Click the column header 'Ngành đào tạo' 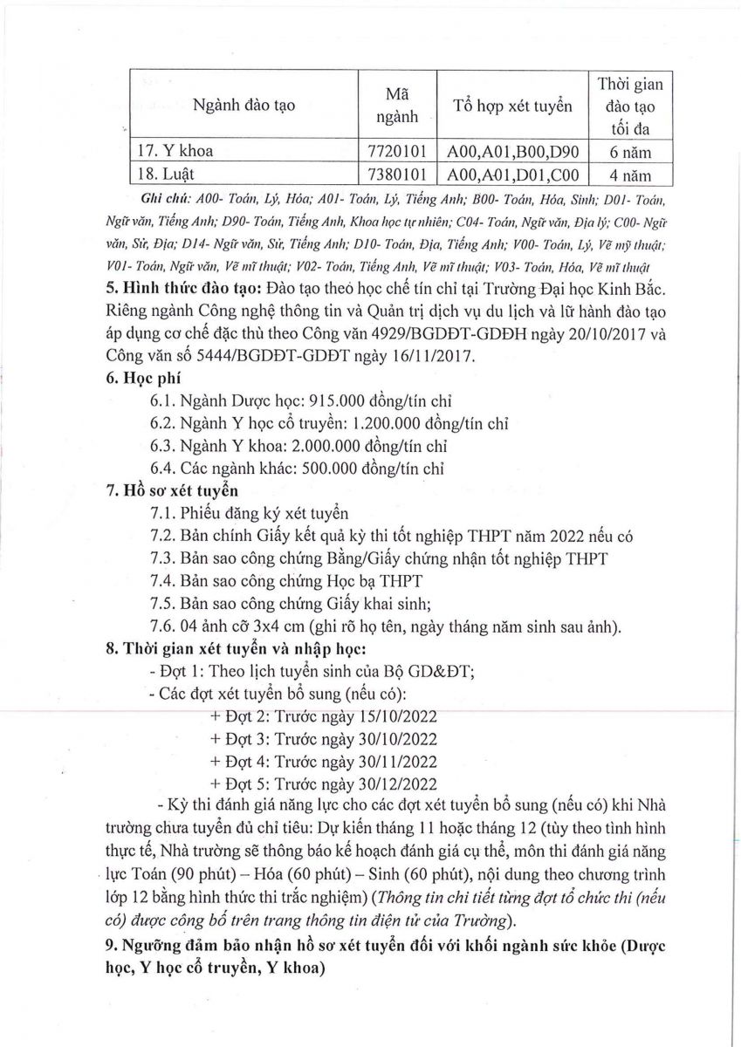245,106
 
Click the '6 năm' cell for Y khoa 630,151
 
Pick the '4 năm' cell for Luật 630,174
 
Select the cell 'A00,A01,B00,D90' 512,151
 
